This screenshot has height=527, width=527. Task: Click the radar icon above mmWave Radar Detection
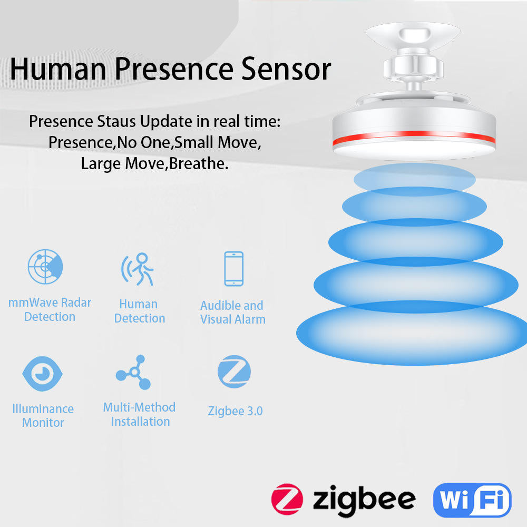45,267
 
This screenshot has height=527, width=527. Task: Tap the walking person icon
139,269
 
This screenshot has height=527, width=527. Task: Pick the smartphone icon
233,269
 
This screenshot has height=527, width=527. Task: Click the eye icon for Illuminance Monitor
43,374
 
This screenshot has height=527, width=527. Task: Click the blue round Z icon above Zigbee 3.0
234,372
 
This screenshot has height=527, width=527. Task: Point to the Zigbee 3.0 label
235,411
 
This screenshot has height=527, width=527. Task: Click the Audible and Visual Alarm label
232,313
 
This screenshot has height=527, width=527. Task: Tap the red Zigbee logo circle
287,499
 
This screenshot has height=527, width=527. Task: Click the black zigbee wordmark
364,499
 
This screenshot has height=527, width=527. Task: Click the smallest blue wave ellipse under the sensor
414,180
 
